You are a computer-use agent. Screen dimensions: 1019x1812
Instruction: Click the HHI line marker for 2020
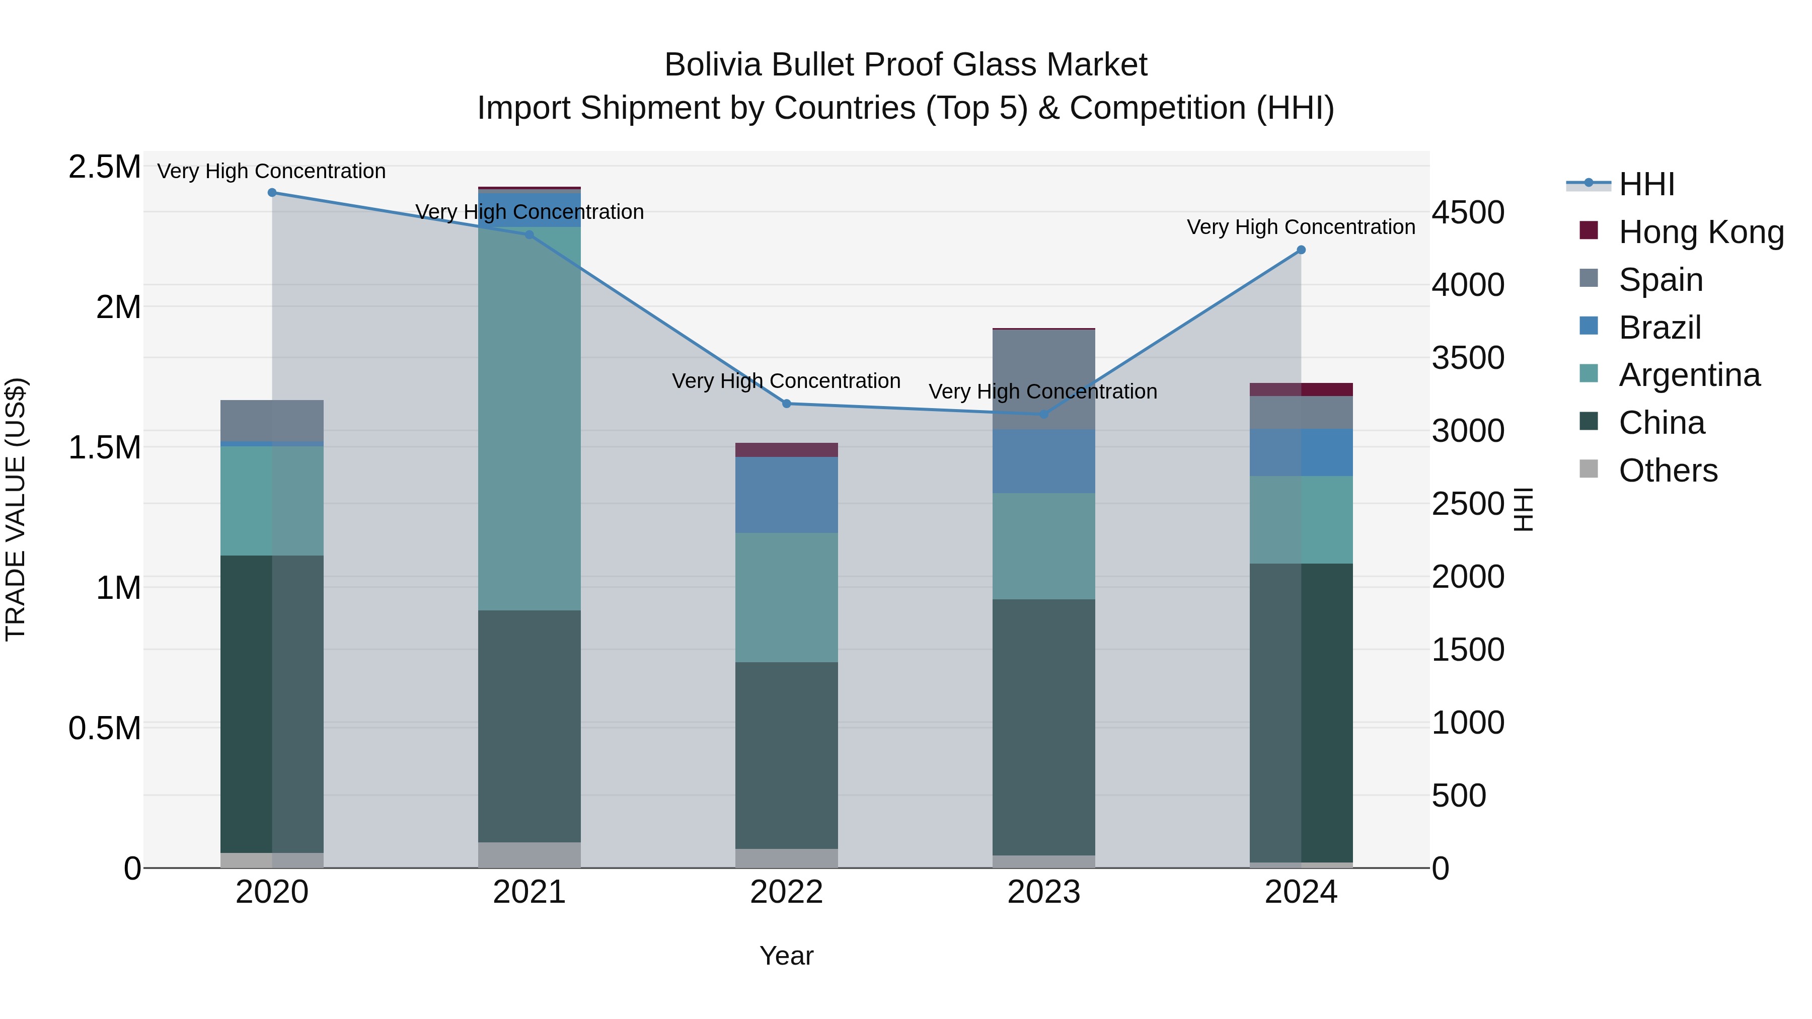[272, 193]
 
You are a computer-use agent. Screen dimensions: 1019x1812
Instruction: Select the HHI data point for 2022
[786, 404]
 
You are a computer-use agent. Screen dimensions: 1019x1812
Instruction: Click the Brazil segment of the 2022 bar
[786, 495]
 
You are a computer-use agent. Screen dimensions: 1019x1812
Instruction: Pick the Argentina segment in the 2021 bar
[529, 419]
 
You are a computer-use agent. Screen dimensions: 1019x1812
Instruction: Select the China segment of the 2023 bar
[1043, 727]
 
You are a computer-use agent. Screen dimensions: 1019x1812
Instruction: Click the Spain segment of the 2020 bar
[272, 421]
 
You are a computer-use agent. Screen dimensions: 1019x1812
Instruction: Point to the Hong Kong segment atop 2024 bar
[1301, 389]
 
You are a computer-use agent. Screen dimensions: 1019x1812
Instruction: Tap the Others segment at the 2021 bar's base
[529, 854]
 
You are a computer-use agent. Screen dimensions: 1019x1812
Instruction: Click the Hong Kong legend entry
[1700, 232]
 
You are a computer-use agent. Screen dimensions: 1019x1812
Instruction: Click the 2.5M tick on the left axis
[104, 168]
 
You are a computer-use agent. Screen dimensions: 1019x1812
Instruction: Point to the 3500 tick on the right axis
[1468, 358]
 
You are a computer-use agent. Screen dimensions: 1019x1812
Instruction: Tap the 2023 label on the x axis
[1043, 892]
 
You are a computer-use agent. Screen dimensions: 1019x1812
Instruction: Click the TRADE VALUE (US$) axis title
[16, 509]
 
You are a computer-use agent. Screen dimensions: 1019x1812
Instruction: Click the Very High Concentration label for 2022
[786, 381]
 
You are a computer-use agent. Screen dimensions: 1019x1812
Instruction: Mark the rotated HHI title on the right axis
[1523, 509]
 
